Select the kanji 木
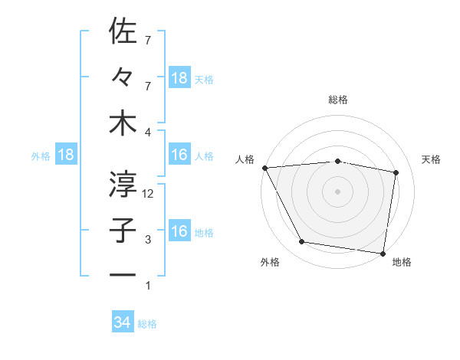123,123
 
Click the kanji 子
123,229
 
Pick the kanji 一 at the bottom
123,274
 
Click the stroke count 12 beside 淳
149,194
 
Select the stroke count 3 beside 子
149,241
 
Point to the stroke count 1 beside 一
149,286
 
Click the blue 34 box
123,322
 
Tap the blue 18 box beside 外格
66,155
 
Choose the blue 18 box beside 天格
179,78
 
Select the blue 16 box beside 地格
179,232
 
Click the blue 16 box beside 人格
179,155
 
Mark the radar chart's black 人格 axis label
245,159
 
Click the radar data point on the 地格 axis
383,252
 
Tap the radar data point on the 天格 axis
396,172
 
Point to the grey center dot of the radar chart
337,191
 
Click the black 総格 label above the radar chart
337,100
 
